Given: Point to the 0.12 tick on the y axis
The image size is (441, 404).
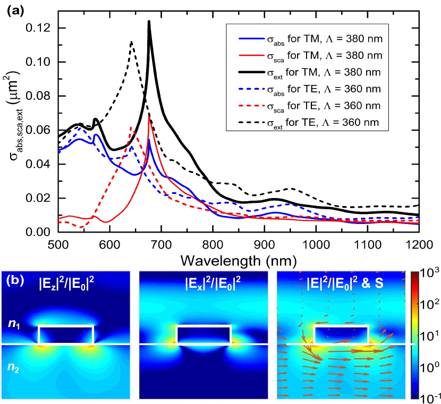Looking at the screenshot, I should coord(40,28).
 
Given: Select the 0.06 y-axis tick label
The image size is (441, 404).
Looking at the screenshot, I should coord(40,131).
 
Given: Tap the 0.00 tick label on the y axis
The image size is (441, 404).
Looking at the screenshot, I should coord(40,233).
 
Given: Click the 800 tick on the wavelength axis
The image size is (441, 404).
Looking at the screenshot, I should coord(213,245).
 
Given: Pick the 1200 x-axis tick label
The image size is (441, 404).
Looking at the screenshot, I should coord(419,245).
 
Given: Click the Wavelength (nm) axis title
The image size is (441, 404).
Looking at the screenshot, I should coord(238,261).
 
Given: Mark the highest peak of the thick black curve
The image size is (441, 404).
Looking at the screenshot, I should coord(149,22).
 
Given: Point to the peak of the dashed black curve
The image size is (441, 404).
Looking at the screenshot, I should coord(131,42).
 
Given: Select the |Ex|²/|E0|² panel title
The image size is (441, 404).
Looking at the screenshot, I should coord(205,283).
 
